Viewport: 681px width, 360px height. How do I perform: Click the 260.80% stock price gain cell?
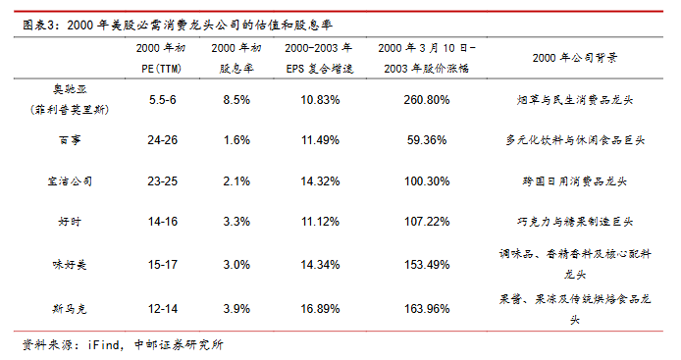click(x=427, y=100)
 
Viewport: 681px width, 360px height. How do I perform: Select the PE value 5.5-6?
click(x=163, y=100)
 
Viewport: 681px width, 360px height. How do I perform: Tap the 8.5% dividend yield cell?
click(x=236, y=100)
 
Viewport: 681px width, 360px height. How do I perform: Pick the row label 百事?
click(x=70, y=140)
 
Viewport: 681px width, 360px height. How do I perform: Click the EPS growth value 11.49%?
click(x=320, y=140)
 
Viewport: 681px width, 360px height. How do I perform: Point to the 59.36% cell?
click(x=427, y=140)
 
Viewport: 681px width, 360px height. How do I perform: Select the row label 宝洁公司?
click(x=70, y=181)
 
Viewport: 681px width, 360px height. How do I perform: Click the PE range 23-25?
click(x=163, y=181)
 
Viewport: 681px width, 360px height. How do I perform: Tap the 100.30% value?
click(x=427, y=181)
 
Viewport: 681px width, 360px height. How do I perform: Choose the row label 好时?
click(x=70, y=222)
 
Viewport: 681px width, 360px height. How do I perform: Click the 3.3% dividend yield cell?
click(x=236, y=222)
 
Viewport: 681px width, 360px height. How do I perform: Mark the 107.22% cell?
click(x=427, y=222)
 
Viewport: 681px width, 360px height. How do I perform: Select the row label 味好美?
click(x=70, y=265)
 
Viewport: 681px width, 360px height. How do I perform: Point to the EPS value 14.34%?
click(x=320, y=265)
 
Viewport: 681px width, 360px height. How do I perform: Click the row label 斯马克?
click(x=70, y=309)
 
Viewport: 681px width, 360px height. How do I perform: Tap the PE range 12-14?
click(x=163, y=309)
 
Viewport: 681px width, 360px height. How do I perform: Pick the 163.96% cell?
click(x=427, y=309)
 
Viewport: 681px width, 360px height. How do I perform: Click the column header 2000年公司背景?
click(x=575, y=58)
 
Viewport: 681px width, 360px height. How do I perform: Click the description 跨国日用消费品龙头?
click(x=575, y=181)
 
